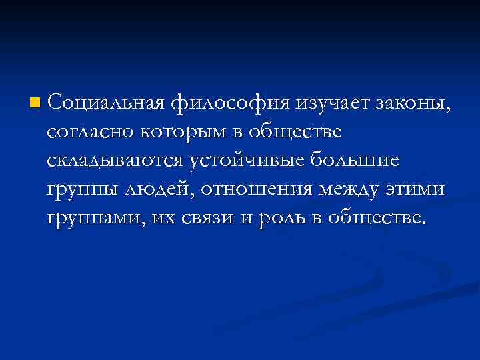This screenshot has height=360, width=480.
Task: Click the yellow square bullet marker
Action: click(x=35, y=103)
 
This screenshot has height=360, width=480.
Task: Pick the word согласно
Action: click(x=90, y=133)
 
